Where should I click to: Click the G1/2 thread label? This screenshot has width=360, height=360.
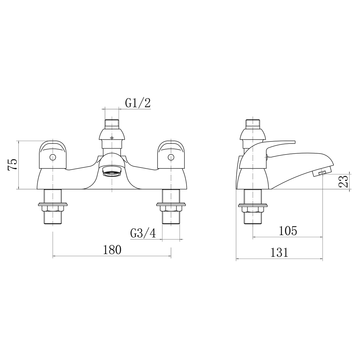tap(138, 103)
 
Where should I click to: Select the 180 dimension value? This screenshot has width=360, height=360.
tap(112, 250)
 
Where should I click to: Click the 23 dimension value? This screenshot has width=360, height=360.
tap(343, 181)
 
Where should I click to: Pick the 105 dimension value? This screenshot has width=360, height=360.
tap(288, 231)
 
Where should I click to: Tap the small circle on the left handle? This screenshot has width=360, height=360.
tap(52, 157)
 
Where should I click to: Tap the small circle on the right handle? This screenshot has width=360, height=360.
tap(171, 157)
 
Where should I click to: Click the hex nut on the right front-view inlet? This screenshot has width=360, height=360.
tap(171, 209)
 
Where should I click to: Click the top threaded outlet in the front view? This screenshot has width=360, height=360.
tap(112, 123)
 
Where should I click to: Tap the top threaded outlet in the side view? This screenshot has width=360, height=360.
tap(253, 123)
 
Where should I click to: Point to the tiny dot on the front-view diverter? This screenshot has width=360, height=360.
tap(112, 138)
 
